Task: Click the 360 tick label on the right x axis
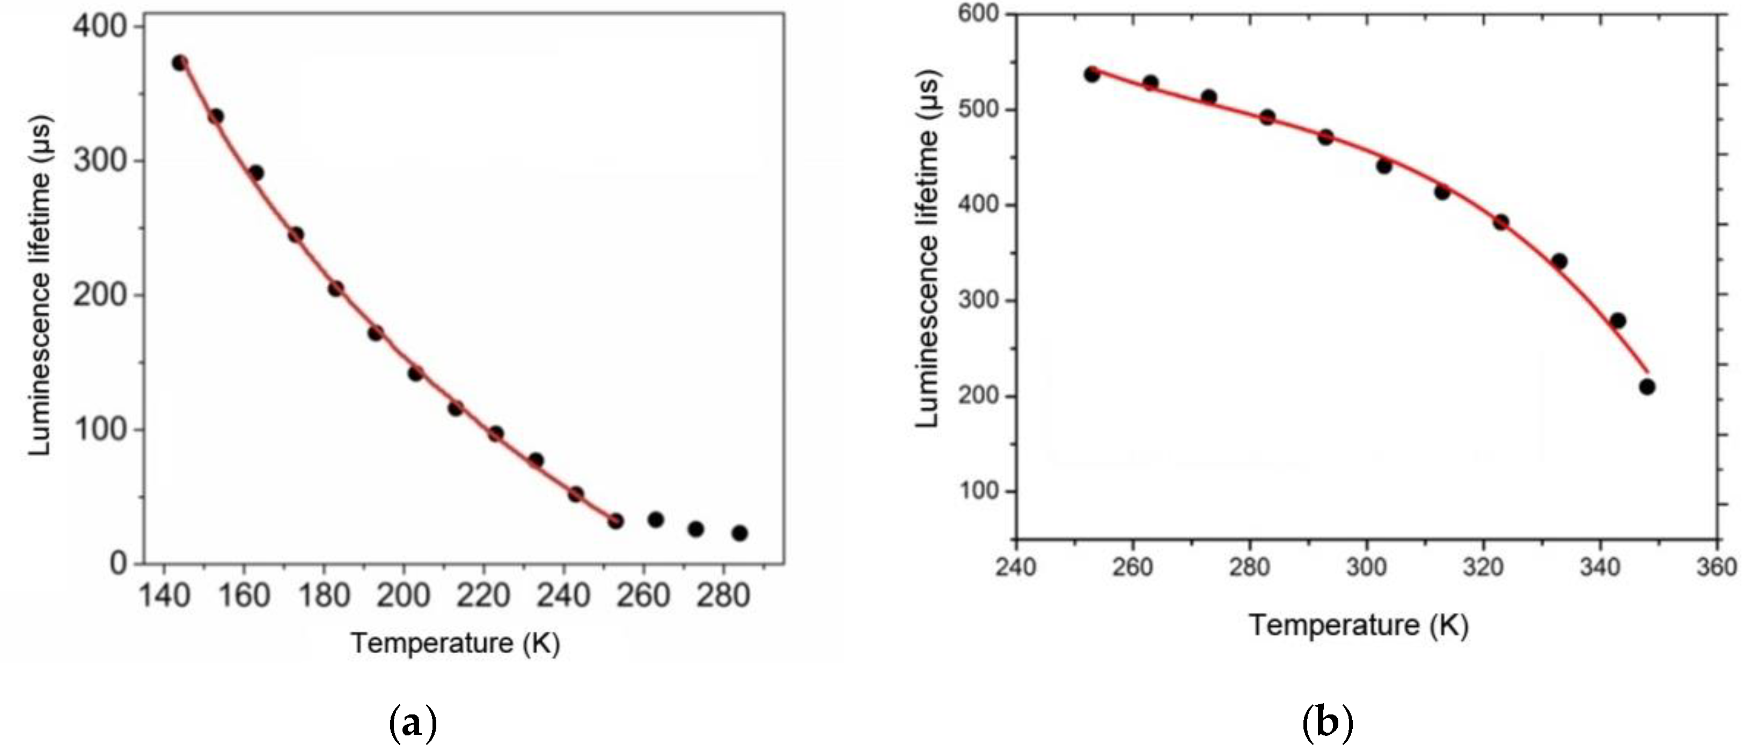coord(1716,566)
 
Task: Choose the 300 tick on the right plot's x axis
coord(1366,566)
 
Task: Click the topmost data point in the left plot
coord(180,63)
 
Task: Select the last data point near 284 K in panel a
coord(740,533)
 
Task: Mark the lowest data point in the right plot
coord(1647,387)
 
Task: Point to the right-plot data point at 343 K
coord(1618,320)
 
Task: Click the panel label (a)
coord(412,724)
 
